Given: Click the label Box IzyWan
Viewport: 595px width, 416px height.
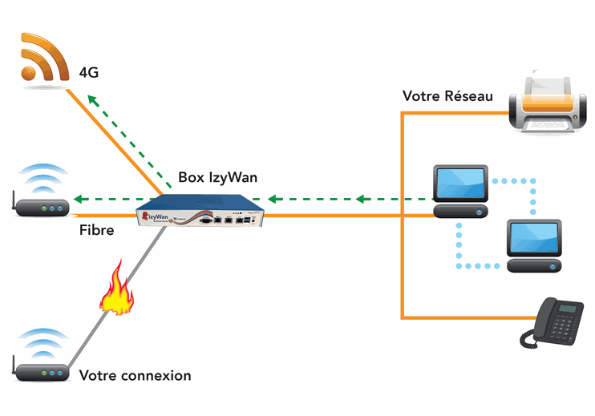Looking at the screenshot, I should tap(217, 177).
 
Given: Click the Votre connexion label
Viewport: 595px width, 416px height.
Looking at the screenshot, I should tap(135, 375).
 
